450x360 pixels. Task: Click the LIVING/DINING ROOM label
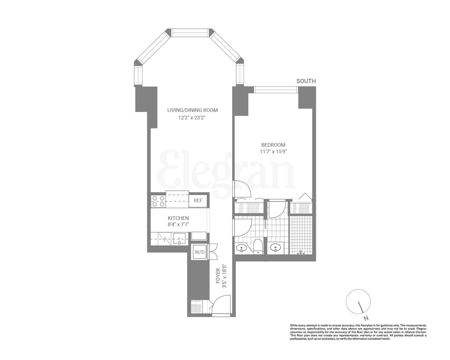[192, 110]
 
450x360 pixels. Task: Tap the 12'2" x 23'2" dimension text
[192, 118]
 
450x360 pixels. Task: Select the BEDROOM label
[273, 145]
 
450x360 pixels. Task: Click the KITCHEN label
[178, 218]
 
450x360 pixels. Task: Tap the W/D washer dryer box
[200, 252]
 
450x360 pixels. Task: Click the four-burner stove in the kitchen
[158, 201]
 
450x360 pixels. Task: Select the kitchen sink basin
[179, 239]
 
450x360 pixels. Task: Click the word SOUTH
[306, 81]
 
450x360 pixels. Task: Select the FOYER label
[218, 276]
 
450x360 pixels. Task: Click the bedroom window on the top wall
[276, 88]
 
